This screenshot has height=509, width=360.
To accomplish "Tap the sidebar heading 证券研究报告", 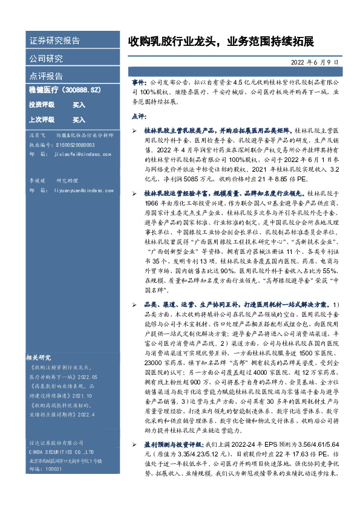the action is tap(54, 41).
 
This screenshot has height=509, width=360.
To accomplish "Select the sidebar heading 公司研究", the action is tap(46, 59).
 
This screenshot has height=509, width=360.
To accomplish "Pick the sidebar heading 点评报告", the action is tap(46, 76).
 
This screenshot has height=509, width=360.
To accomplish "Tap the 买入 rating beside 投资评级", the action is tap(79, 105).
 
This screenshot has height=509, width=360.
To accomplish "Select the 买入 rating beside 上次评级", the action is tap(79, 120).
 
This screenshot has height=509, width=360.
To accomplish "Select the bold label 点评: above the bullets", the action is tap(138, 116).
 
